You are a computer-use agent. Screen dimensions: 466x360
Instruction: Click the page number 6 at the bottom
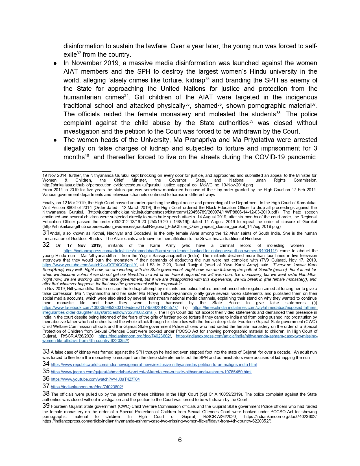tap(180, 440)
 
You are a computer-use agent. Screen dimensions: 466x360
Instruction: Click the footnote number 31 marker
tap(46, 233)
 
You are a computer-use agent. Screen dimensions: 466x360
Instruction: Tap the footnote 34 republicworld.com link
tap(154, 365)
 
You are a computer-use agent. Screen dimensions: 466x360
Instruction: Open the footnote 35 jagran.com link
tap(151, 372)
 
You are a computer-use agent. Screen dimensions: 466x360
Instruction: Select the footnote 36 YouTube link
tap(95, 379)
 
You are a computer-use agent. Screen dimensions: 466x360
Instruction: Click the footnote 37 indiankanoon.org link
tap(87, 387)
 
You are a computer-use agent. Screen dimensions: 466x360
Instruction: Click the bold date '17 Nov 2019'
tap(84, 245)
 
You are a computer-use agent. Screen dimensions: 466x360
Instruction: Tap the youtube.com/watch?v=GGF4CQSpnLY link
tap(90, 265)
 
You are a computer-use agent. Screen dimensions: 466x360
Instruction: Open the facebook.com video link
tap(110, 308)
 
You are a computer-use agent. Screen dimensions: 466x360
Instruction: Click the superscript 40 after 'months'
tap(87, 155)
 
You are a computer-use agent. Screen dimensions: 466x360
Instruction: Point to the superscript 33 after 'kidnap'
tap(207, 78)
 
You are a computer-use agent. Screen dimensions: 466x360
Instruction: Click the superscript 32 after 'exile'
tap(79, 53)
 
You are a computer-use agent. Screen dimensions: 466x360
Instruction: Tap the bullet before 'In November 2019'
tap(56, 63)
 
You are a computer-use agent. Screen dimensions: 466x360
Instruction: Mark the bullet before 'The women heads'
tap(56, 140)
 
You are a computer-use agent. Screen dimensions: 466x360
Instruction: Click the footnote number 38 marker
tap(46, 393)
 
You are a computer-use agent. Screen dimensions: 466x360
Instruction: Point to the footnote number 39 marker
tap(46, 406)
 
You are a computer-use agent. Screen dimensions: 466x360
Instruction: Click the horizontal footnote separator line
tap(77, 171)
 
